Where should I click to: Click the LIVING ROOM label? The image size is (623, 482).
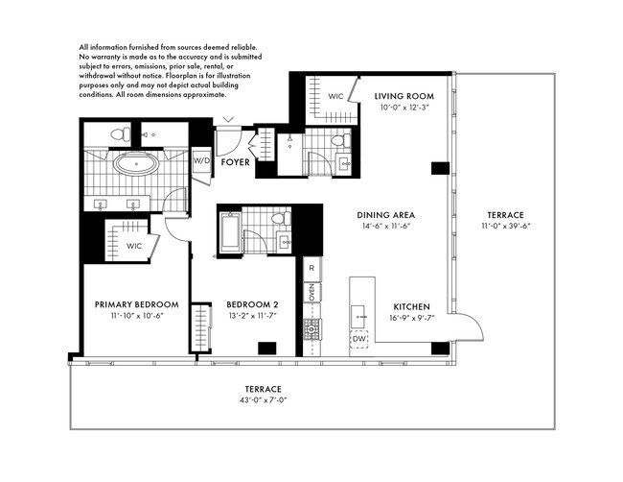click(404, 96)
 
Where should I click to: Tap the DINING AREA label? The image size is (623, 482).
click(386, 215)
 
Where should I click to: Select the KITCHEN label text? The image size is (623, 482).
click(411, 307)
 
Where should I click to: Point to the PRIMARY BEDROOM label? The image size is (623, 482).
click(137, 304)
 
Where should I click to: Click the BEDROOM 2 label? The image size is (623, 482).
click(252, 304)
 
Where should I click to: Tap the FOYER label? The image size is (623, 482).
click(235, 162)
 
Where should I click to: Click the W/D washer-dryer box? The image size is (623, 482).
click(201, 160)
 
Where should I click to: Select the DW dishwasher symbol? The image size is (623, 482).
click(359, 339)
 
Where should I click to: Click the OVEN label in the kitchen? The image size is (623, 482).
click(311, 292)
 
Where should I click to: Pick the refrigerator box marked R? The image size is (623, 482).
click(311, 268)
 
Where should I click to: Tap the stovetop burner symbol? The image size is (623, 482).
click(312, 329)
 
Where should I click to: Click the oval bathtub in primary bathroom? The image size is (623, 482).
click(136, 163)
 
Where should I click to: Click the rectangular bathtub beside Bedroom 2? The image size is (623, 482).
click(231, 232)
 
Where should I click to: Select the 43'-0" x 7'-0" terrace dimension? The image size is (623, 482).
click(263, 399)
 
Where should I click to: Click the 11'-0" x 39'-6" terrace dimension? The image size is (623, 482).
click(506, 226)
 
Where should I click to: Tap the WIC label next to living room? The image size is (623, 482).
click(335, 96)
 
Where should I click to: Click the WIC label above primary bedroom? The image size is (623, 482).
click(134, 246)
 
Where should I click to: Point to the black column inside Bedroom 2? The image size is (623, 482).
click(267, 348)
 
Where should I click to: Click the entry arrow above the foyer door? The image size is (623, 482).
click(228, 119)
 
